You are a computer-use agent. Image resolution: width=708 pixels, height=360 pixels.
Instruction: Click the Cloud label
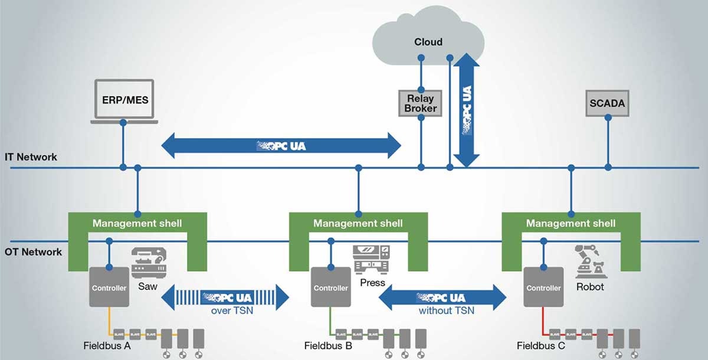tap(428, 42)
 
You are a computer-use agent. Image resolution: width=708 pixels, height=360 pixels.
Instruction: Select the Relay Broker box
tap(421, 103)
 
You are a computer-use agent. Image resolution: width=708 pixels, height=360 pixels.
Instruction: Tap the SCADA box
tap(607, 104)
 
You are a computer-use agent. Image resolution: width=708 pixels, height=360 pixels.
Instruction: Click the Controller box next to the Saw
tap(109, 287)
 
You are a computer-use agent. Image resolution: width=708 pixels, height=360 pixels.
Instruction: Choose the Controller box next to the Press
tap(330, 287)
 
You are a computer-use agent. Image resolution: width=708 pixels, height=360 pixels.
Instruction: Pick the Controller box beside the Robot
tap(543, 287)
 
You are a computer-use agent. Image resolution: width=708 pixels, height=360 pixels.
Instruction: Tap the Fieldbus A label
tap(107, 346)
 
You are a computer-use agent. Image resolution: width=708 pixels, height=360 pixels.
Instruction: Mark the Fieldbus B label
tap(328, 346)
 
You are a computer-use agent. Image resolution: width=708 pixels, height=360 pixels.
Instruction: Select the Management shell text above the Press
tap(358, 224)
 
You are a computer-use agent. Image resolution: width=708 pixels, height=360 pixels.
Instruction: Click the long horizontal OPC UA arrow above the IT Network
tap(281, 145)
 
